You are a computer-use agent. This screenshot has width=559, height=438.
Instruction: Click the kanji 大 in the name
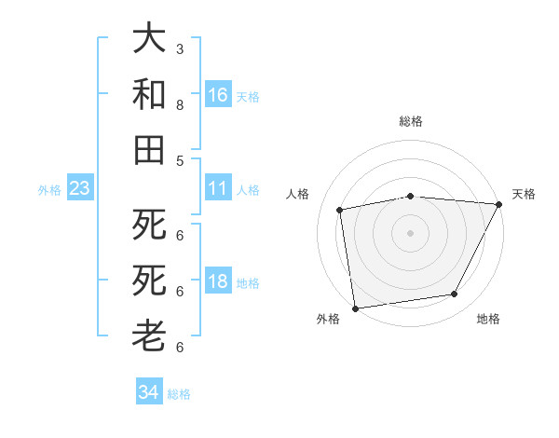[x=149, y=39]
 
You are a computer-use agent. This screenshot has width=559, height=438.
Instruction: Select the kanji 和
[x=149, y=94]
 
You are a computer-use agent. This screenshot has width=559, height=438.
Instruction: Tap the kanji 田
[x=149, y=150]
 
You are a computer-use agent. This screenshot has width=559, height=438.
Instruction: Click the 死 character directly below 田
[x=149, y=225]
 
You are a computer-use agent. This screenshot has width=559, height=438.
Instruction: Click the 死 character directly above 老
[x=149, y=281]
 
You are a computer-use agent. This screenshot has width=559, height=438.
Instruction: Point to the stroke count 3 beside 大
[x=180, y=48]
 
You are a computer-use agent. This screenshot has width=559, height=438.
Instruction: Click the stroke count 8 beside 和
[x=180, y=104]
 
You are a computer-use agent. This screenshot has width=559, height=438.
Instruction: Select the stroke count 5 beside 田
[x=180, y=160]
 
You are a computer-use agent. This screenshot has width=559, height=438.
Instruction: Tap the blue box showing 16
[x=218, y=94]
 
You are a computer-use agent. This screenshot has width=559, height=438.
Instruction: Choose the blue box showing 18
[x=218, y=282]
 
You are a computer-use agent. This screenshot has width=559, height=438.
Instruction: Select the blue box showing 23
[x=79, y=189]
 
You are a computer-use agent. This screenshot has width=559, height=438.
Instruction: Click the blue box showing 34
[x=148, y=392]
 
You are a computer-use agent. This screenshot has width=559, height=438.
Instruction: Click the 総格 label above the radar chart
[x=411, y=121]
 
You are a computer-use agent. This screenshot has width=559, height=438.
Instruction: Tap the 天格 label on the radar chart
[x=525, y=194]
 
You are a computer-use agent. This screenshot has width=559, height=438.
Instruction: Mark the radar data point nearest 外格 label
[x=355, y=308]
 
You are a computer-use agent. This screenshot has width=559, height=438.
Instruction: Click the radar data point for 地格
[x=455, y=294]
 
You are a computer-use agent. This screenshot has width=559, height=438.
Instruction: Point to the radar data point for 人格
[x=340, y=210]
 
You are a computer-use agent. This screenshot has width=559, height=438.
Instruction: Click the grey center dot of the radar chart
[x=411, y=232]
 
